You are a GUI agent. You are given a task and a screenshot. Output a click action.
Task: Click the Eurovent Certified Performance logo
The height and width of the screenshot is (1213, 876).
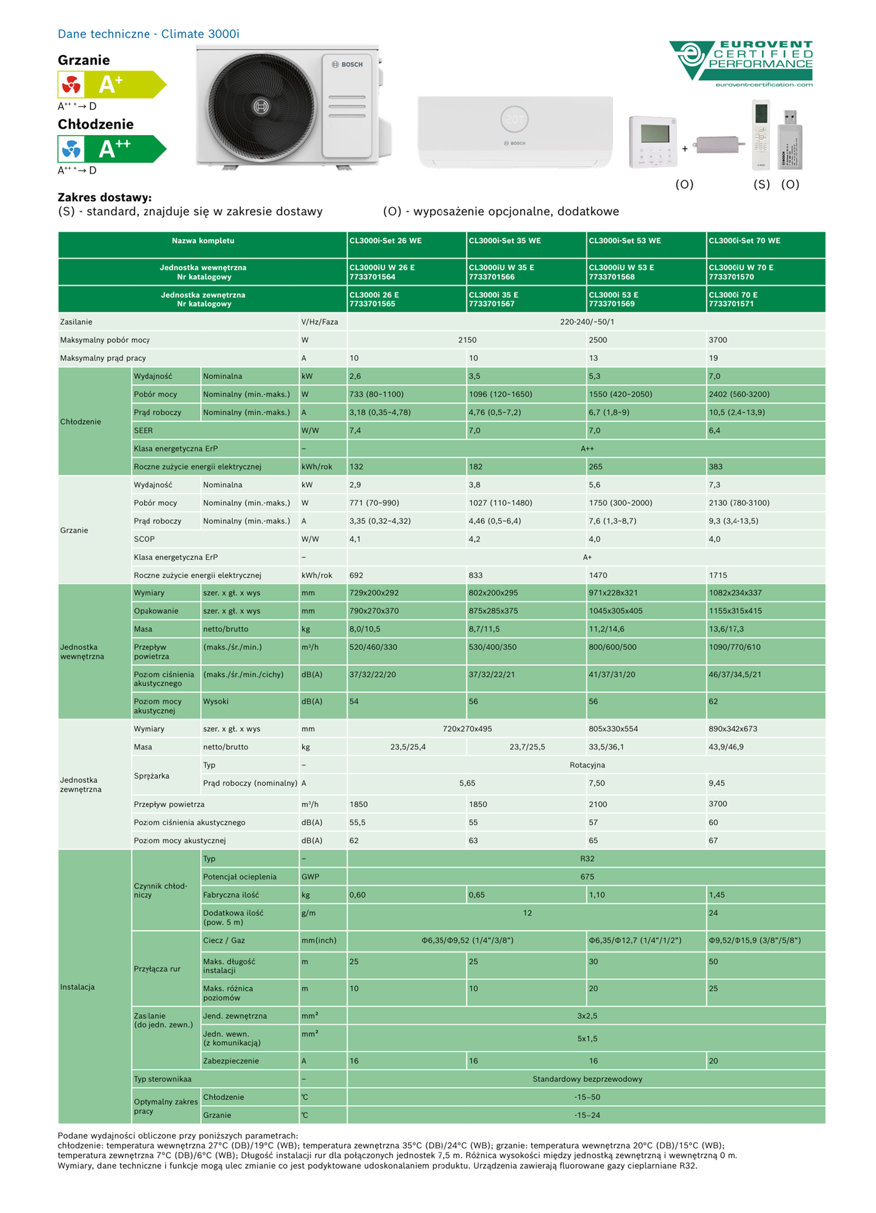pos(741,63)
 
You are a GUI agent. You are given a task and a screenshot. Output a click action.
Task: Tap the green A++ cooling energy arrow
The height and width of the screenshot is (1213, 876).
pos(111,149)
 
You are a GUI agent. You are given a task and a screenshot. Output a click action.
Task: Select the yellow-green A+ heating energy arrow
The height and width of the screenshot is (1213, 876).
pos(111,85)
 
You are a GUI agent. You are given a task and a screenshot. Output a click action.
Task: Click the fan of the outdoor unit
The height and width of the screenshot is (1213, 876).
pos(261,106)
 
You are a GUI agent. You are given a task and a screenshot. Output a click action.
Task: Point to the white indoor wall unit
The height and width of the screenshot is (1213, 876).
pos(515,131)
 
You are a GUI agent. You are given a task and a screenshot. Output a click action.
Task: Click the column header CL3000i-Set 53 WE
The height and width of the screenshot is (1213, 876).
pos(625,241)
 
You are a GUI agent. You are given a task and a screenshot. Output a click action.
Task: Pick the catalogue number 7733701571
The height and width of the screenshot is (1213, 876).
pos(731,304)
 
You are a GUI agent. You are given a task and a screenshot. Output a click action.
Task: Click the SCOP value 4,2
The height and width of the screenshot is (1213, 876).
pos(475,539)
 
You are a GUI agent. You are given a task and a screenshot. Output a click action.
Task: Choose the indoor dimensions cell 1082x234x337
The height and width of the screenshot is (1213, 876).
pos(735,593)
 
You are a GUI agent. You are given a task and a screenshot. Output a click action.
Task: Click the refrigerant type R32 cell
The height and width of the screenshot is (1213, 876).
pos(587,859)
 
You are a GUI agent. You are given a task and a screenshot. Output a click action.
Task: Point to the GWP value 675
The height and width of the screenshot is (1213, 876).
pos(587,877)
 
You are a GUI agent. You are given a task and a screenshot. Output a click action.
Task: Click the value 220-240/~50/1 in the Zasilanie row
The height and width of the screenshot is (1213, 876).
pos(587,322)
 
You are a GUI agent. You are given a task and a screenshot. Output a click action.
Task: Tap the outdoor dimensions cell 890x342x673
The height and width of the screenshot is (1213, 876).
pos(733,729)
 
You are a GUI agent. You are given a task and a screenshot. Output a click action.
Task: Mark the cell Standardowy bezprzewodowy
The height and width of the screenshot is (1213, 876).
pos(587,1079)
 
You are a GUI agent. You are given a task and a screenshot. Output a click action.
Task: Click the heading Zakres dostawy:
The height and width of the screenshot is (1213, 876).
pos(105,197)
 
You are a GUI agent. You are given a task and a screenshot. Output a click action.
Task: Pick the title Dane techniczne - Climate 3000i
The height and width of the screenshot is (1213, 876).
pos(149,34)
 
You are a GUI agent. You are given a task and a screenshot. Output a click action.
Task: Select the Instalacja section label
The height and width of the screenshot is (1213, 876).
pos(78,987)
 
